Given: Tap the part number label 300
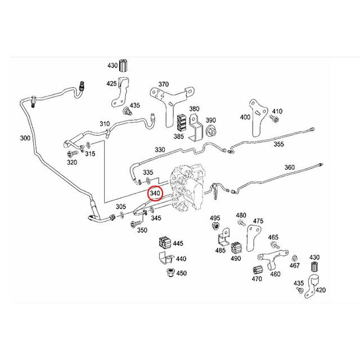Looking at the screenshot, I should pos(25,138).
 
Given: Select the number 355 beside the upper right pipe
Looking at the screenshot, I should pos(278,145).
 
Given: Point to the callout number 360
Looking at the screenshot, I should pos(290,168).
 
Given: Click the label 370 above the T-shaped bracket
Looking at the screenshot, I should pos(163,84).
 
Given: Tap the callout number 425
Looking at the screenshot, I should pos(112,84).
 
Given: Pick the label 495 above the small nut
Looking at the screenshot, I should pos(215,218).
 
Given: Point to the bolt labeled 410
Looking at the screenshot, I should pos(273,120).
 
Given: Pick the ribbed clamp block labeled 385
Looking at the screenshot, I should pos(181,121).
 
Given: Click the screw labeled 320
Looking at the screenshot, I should pos(71,153).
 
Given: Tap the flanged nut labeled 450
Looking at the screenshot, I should pos(166,274).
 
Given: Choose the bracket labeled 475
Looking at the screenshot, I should pos(254,234).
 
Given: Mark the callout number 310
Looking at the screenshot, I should pos(105,124).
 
